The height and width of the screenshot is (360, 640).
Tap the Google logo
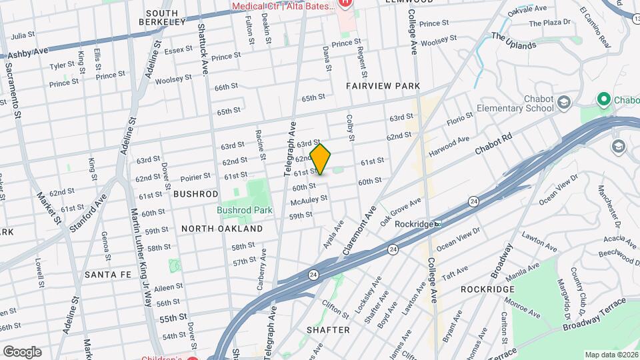click(22, 352)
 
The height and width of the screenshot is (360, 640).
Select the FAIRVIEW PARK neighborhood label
click(383, 86)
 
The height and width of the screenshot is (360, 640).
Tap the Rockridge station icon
click(437, 224)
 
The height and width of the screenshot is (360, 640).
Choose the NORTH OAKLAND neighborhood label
click(222, 229)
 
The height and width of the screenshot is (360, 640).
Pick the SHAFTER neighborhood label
click(328, 330)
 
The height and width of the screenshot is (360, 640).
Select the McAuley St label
click(309, 199)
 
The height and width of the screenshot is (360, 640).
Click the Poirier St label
click(195, 177)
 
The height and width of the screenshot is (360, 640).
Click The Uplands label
click(513, 41)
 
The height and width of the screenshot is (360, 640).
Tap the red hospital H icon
click(345, 3)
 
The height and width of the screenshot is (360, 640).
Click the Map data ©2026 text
click(610, 355)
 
